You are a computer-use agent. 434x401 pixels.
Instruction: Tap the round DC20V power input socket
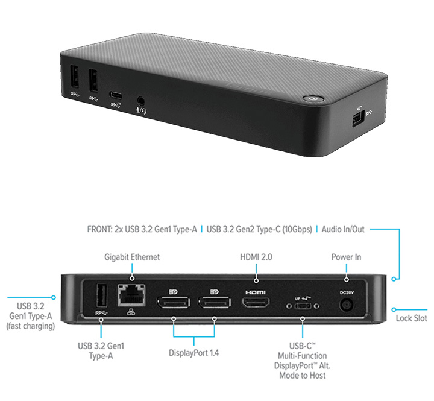point(347,306)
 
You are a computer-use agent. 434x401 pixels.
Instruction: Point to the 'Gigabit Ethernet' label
point(132,257)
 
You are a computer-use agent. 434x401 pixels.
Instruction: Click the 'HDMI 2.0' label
point(257,257)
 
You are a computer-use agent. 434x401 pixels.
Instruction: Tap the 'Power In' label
point(346,257)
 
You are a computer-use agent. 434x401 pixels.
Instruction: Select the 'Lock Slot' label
point(411,318)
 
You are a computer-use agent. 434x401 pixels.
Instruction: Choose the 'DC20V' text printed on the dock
point(347,292)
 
